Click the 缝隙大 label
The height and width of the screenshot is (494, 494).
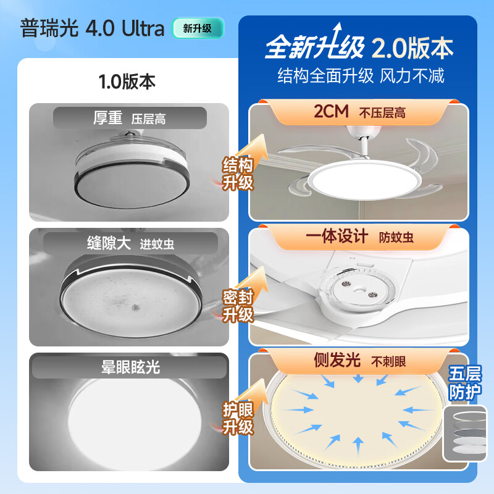[108, 243]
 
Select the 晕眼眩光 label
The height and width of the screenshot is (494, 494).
[130, 367]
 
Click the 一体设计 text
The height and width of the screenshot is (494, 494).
[337, 237]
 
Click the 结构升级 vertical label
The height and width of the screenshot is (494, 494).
[238, 174]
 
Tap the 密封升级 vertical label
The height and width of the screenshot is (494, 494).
[238, 306]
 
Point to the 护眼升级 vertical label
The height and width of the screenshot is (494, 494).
[238, 418]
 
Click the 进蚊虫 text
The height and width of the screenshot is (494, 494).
[156, 244]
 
